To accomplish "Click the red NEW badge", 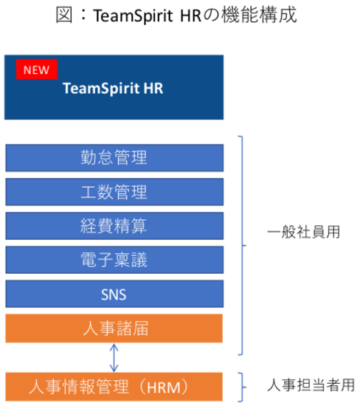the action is [x=36, y=69].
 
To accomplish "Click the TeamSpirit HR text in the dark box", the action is [x=113, y=89].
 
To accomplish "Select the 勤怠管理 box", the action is [x=114, y=158].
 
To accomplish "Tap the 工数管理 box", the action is [x=114, y=192].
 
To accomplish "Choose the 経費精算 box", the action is [x=114, y=226].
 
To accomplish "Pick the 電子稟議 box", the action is [x=114, y=260].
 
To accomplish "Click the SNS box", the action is [x=114, y=294].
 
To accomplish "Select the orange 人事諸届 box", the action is [x=114, y=328].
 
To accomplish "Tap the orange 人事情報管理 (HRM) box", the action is [x=114, y=387].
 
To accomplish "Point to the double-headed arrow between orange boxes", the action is [x=114, y=357].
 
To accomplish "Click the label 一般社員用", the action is [x=304, y=232].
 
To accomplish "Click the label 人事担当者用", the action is [x=311, y=385].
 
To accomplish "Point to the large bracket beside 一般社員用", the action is [x=243, y=245].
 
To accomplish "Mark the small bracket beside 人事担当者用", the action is [x=243, y=388].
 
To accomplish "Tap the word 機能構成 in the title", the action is [x=259, y=15].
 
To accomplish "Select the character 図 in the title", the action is [x=64, y=15].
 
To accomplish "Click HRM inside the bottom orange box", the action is [x=164, y=388].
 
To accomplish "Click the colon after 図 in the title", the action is [x=83, y=16].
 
